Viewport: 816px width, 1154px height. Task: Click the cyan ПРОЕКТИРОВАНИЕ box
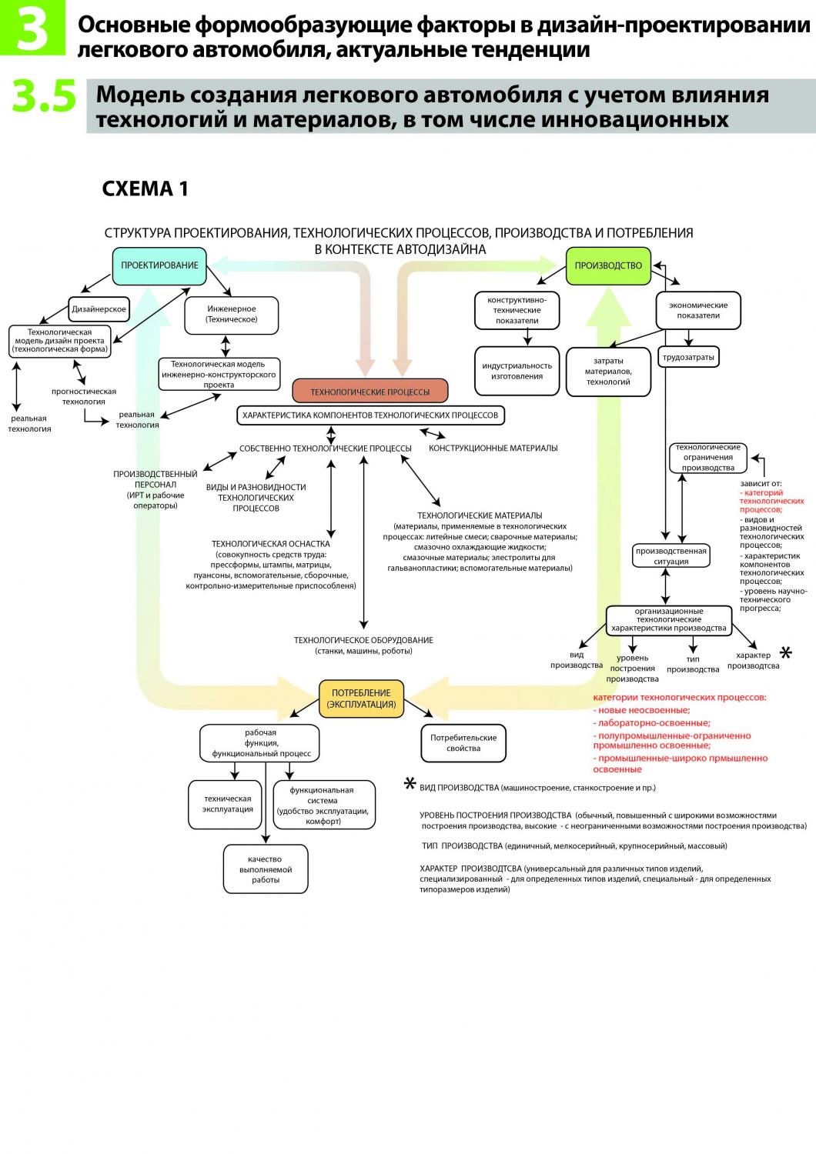pos(159,266)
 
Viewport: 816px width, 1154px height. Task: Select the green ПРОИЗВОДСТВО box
pos(608,266)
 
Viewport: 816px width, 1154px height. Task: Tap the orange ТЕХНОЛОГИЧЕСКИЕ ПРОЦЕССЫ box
pos(370,392)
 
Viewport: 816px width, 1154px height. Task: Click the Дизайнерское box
pos(99,309)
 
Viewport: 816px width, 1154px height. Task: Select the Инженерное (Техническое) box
pos(232,315)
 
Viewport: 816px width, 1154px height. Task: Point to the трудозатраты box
pos(688,357)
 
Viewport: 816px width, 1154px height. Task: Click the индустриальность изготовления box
pos(517,371)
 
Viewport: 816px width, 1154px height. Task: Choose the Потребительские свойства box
pos(463,743)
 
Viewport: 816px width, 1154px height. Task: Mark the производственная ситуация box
pos(671,556)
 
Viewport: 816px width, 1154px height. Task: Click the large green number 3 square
pos(33,27)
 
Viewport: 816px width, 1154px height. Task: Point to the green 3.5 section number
pos(45,96)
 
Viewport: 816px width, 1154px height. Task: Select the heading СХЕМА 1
pos(145,189)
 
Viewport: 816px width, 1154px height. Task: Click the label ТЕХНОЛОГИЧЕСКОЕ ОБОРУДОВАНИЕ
pos(363,640)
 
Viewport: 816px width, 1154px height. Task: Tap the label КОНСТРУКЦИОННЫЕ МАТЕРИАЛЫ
pos(493,449)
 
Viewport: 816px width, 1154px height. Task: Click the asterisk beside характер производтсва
pos(785,653)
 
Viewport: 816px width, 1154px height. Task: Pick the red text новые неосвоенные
pos(642,710)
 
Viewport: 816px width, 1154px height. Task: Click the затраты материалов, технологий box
pos(608,372)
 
